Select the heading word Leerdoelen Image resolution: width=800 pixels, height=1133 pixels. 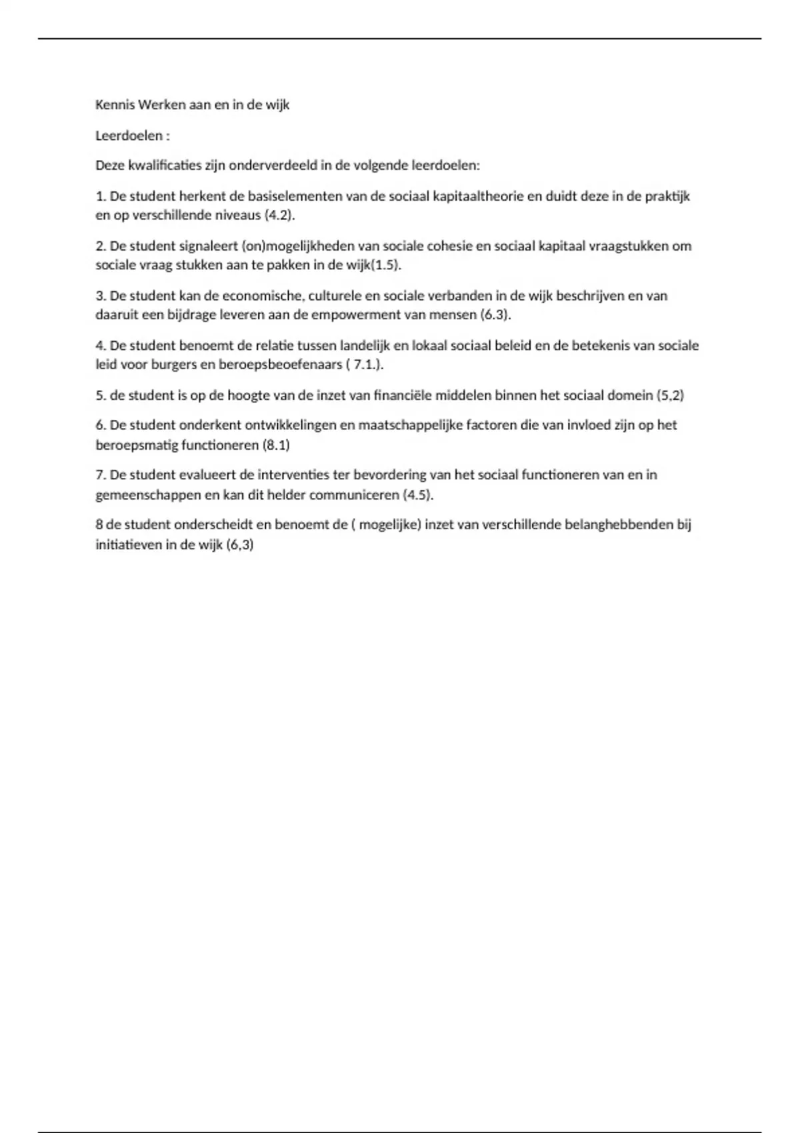click(129, 135)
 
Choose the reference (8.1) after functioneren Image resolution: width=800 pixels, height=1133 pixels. click(276, 445)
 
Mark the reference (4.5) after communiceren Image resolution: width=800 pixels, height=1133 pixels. click(417, 495)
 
